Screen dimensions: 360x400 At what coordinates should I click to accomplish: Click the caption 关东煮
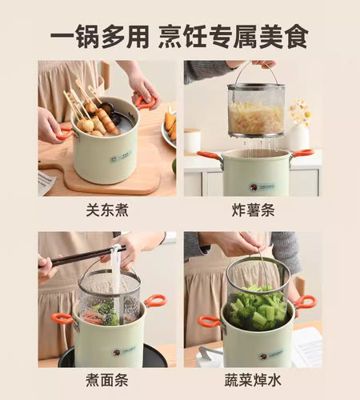tap(107, 210)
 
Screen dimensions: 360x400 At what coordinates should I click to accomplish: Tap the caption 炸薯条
tap(253, 210)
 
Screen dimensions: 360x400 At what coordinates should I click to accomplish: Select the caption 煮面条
tap(107, 380)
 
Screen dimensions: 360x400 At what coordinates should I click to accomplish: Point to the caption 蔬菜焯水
tap(253, 380)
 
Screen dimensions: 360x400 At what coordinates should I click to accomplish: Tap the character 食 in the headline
tap(297, 36)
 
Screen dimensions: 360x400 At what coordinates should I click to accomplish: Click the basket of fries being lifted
tap(256, 110)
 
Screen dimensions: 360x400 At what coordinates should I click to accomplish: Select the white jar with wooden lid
tap(192, 142)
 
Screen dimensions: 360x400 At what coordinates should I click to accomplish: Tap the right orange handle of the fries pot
tap(302, 154)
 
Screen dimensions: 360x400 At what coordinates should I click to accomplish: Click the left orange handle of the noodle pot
tap(62, 318)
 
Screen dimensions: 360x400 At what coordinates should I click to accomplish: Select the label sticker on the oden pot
tap(121, 157)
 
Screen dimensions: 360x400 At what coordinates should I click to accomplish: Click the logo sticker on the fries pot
tap(262, 186)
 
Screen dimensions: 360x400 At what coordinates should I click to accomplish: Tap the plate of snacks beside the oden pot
tap(170, 128)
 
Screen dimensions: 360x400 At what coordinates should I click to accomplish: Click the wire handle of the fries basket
tap(256, 72)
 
